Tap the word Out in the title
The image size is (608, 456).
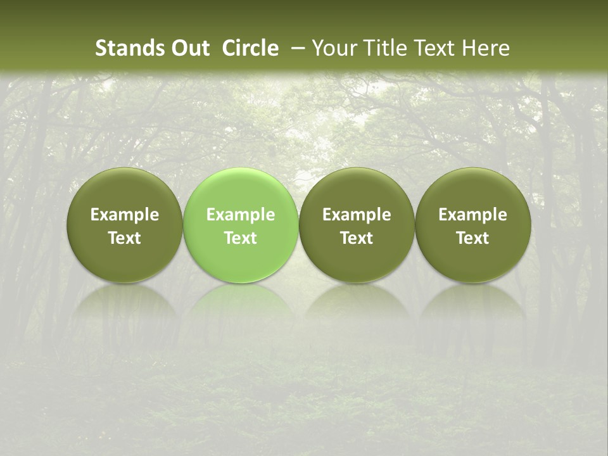(189, 48)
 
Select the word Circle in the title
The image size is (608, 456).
(250, 48)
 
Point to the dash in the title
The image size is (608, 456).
(296, 48)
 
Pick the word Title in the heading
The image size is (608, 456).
(383, 48)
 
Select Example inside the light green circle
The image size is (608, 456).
(241, 215)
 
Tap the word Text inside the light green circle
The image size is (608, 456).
(241, 238)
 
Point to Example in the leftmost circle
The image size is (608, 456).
(124, 215)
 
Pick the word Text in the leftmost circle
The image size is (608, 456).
(124, 238)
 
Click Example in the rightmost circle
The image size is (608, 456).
(473, 215)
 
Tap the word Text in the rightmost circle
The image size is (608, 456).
(473, 238)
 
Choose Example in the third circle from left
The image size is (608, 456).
(357, 215)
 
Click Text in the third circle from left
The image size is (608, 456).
(357, 238)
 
